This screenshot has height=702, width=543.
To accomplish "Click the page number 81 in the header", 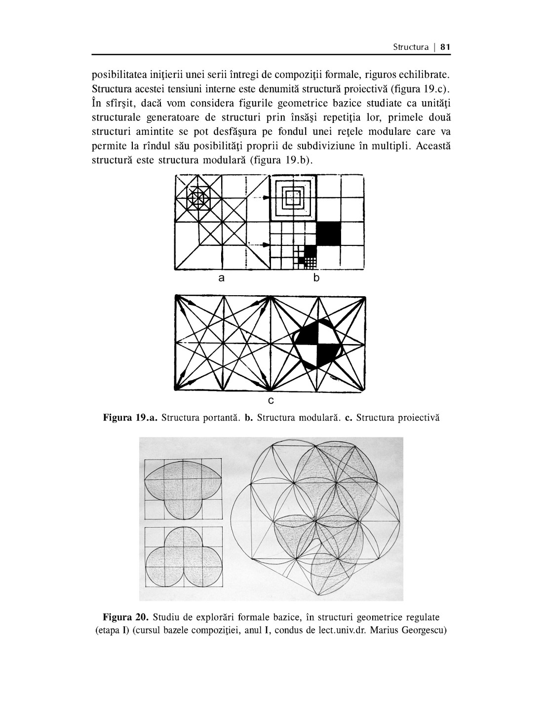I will (x=445, y=47).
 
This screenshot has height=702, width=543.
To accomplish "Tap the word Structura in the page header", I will (x=411, y=47).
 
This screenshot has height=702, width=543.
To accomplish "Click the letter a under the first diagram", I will (x=222, y=278).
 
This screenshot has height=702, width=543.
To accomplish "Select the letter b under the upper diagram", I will (x=316, y=278).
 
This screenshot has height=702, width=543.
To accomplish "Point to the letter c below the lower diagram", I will (x=271, y=399).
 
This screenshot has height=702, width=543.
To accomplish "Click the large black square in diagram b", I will (x=328, y=233).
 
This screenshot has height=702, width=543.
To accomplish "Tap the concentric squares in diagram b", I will (x=293, y=197).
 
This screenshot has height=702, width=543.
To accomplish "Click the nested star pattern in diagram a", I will (x=198, y=198).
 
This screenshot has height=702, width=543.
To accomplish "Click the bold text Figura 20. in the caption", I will (x=126, y=617).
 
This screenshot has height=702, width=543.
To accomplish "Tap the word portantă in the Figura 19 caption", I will (x=220, y=418).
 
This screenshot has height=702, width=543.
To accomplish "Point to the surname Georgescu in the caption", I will (x=426, y=630).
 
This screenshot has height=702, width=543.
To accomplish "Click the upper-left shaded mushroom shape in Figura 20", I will (x=183, y=489).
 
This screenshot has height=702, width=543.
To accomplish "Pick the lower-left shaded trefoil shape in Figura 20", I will (x=183, y=558).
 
